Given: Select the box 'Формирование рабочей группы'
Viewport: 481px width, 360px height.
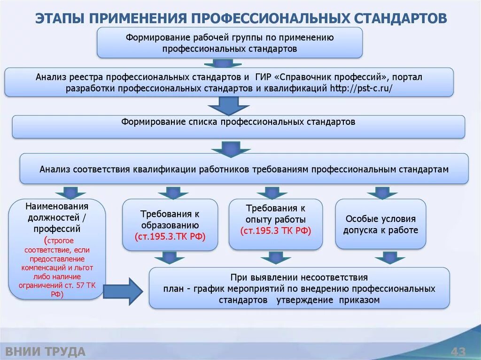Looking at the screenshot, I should point(230,43).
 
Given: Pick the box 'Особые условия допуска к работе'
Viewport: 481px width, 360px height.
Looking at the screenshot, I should point(380,224).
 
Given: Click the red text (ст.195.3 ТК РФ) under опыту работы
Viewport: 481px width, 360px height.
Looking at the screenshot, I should point(276,231).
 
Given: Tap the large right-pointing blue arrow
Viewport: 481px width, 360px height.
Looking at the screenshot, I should point(123,291).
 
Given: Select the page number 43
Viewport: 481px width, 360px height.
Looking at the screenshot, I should point(458,352).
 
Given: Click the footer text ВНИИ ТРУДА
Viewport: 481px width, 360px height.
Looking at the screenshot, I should point(45,352).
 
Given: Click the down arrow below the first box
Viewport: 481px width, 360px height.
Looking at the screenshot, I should point(223,63).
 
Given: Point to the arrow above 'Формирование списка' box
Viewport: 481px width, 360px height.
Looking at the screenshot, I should point(229,106).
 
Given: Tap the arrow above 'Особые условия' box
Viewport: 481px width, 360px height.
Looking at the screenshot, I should point(382,192).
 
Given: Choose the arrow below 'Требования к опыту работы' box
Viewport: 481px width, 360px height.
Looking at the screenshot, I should point(276,258).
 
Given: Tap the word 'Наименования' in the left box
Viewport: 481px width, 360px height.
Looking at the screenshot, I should point(57,206).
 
